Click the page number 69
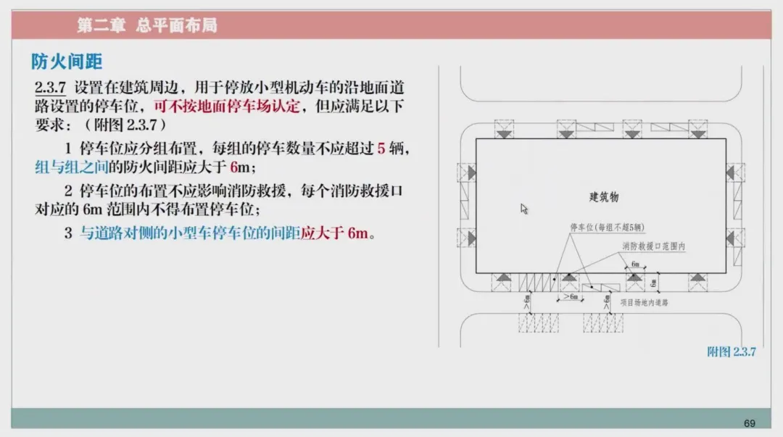click(x=749, y=423)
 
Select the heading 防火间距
click(x=67, y=62)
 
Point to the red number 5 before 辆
click(x=381, y=149)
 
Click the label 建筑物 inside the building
click(x=603, y=196)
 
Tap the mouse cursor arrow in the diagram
click(x=524, y=209)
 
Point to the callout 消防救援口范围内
click(x=653, y=246)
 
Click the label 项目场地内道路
click(x=644, y=302)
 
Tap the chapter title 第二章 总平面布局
click(x=147, y=25)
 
